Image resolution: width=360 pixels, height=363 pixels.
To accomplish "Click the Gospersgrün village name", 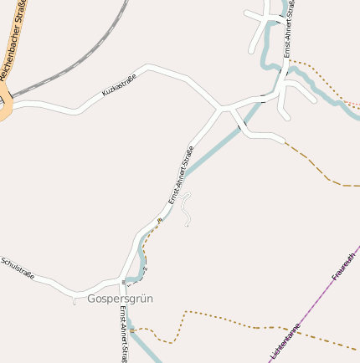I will [120, 299].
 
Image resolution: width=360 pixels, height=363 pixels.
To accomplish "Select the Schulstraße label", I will [18, 268].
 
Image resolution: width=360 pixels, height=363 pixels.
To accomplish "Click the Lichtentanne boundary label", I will [285, 342].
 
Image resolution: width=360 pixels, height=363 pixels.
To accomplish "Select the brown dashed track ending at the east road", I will [310, 163].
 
